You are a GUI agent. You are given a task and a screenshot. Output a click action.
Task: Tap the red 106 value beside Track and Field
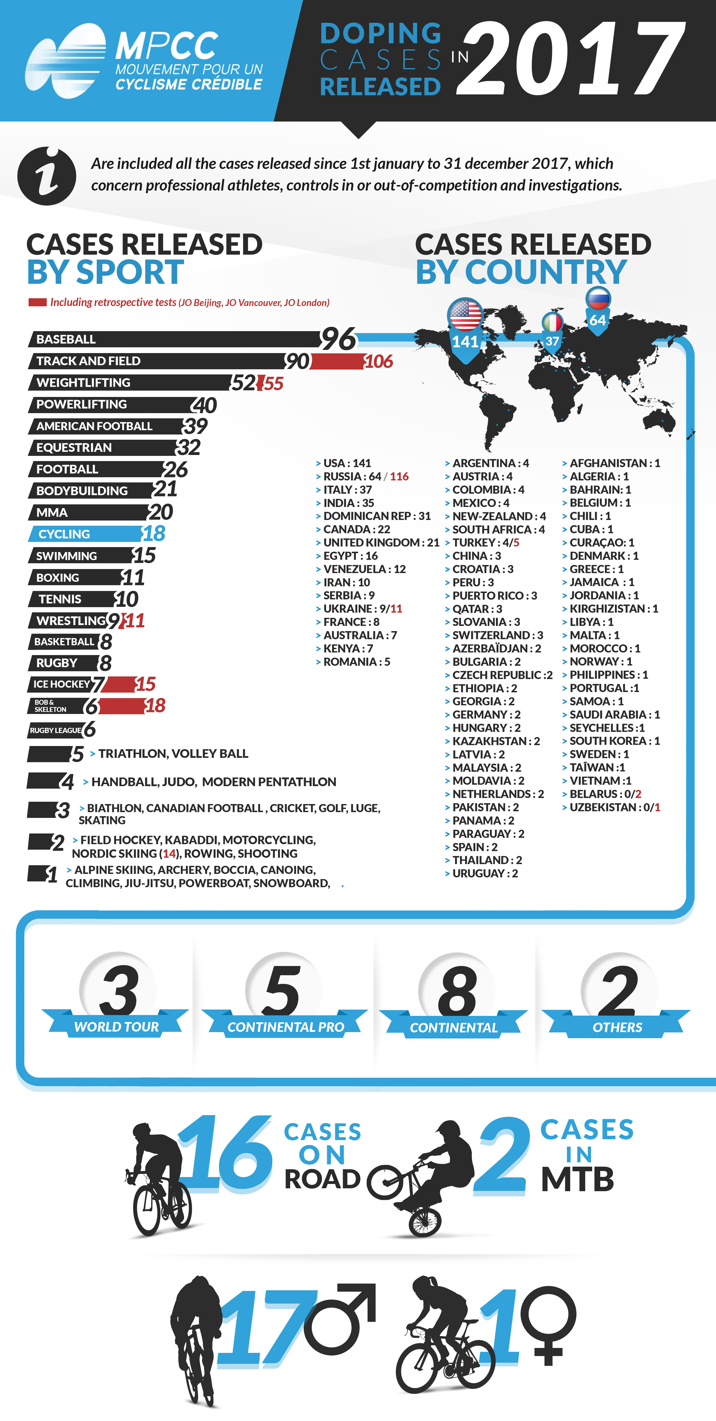click(378, 362)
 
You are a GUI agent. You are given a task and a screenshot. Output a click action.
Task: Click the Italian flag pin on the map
click(552, 323)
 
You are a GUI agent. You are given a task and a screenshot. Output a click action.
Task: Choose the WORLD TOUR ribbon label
click(116, 1027)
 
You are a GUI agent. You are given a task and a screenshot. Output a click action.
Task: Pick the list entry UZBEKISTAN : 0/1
click(614, 807)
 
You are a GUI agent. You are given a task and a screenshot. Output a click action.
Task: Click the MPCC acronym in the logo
click(167, 46)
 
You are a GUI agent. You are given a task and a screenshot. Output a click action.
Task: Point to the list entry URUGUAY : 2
click(484, 873)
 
